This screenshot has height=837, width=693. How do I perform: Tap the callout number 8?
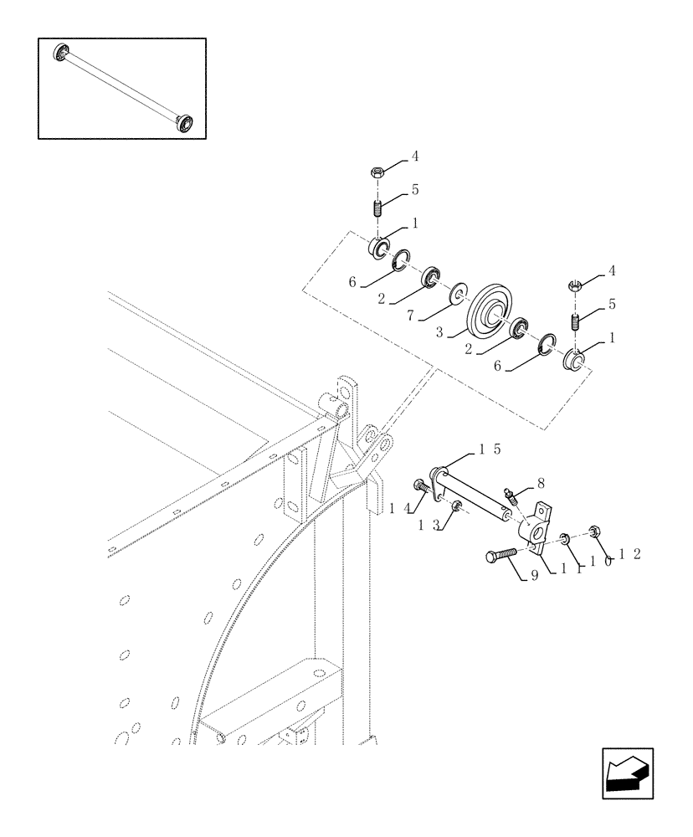point(541,483)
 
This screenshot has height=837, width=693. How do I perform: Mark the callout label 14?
point(399,506)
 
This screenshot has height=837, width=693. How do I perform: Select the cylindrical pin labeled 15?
point(473,495)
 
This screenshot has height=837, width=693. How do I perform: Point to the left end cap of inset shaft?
point(60,54)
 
